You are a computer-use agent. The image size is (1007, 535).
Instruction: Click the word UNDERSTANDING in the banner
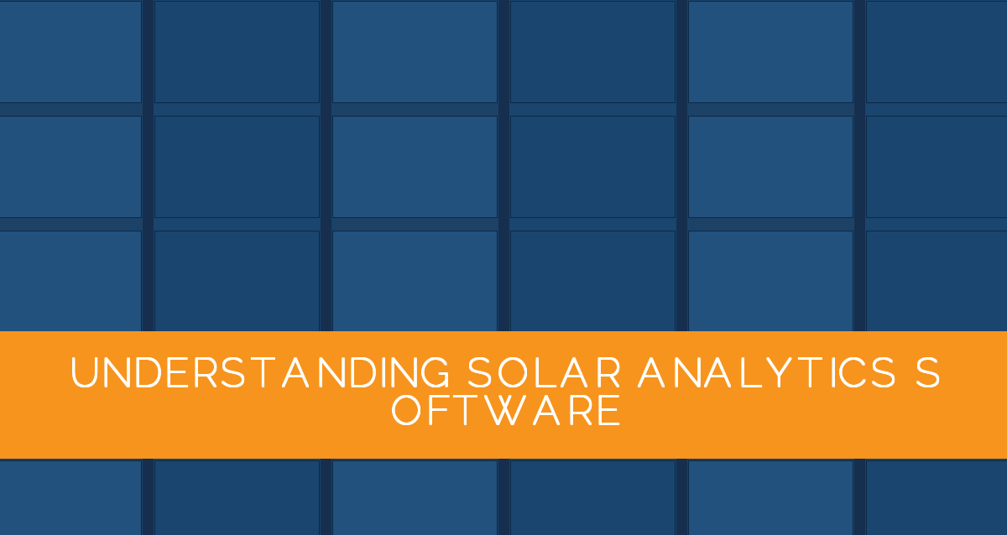point(260,372)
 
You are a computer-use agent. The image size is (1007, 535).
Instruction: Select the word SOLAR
point(545,372)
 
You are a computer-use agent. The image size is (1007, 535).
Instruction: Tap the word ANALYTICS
point(767,372)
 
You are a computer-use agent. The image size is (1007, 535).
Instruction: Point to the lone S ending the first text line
point(927,372)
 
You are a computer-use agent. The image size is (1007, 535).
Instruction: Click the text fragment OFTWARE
point(506,410)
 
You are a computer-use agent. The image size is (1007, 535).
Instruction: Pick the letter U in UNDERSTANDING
point(84,372)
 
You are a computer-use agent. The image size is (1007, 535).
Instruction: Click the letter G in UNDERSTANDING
point(435,372)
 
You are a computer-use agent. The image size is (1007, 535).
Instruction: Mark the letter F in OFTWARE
point(436,411)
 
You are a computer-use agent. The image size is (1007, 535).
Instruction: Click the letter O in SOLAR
point(513,372)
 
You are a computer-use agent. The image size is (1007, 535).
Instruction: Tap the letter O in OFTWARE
point(406,410)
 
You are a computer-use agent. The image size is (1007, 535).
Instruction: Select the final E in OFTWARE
point(611,411)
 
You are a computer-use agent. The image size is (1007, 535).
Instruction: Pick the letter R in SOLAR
point(608,373)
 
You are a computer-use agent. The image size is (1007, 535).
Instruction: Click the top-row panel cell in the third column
point(415,52)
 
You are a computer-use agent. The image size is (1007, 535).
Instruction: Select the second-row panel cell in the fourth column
point(592,167)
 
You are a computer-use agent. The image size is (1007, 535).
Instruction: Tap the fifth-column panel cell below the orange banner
point(770,497)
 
